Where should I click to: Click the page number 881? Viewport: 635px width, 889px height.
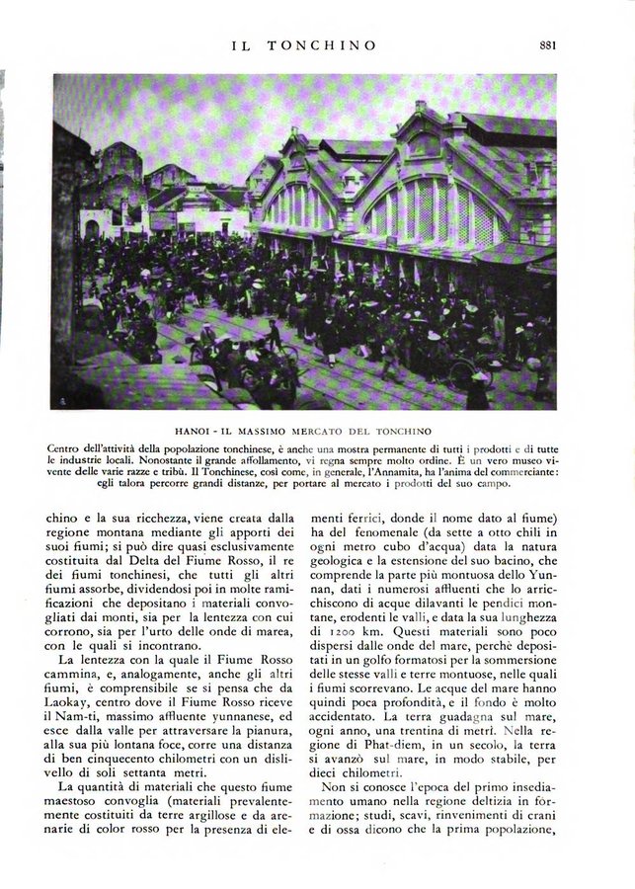(551, 43)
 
